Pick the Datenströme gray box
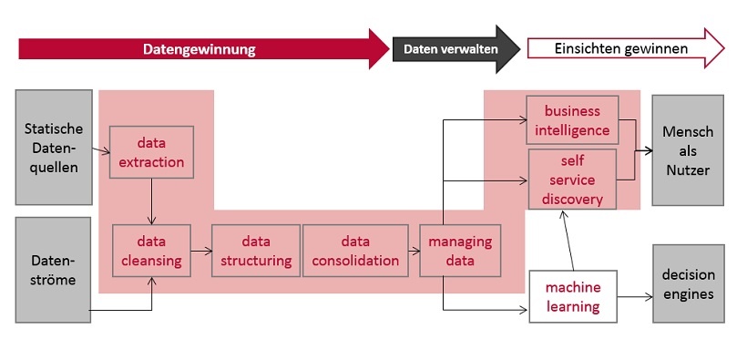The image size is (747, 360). coord(53,269)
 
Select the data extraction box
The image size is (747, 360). coord(151,153)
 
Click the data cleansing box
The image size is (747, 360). coord(151,251)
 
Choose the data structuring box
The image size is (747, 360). coord(256,251)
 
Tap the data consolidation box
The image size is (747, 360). coord(355,251)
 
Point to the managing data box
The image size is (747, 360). coord(460,251)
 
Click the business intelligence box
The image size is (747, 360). coord(572,120)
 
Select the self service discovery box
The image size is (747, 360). coord(572,179)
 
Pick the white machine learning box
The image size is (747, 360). coord(572,296)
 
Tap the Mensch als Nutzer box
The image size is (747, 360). coord(688,150)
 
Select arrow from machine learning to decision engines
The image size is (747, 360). coord(634,296)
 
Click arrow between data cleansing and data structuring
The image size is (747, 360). coord(201,251)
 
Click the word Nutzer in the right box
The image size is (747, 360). coord(688,170)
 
